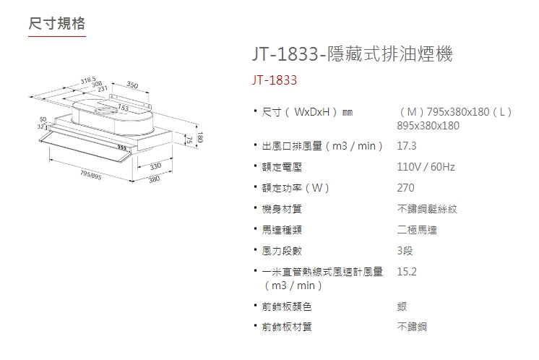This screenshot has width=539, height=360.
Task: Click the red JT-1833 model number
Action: [275, 80]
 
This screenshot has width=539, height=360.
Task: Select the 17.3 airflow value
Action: [408, 146]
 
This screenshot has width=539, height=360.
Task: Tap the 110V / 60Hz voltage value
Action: [426, 167]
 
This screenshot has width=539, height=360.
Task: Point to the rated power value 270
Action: [406, 188]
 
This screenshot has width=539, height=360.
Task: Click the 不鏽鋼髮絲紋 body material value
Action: [427, 209]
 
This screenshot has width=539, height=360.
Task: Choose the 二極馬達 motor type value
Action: [417, 230]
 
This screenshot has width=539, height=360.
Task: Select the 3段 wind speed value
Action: [405, 251]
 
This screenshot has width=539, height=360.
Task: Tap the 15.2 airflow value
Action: [408, 272]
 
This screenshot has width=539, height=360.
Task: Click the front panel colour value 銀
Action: [402, 306]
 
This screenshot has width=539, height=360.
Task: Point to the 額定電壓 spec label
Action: [281, 167]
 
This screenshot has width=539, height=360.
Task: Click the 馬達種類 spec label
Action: [281, 230]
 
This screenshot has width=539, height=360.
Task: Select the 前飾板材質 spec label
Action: [287, 327]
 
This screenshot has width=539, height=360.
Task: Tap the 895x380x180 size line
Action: [428, 125]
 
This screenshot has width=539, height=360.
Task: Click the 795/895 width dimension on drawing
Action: [90, 175]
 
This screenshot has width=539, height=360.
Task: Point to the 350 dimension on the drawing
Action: [132, 85]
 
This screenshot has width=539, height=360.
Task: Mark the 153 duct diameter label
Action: [124, 108]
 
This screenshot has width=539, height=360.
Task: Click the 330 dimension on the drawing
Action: [155, 168]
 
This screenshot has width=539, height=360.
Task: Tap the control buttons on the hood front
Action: [121, 147]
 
